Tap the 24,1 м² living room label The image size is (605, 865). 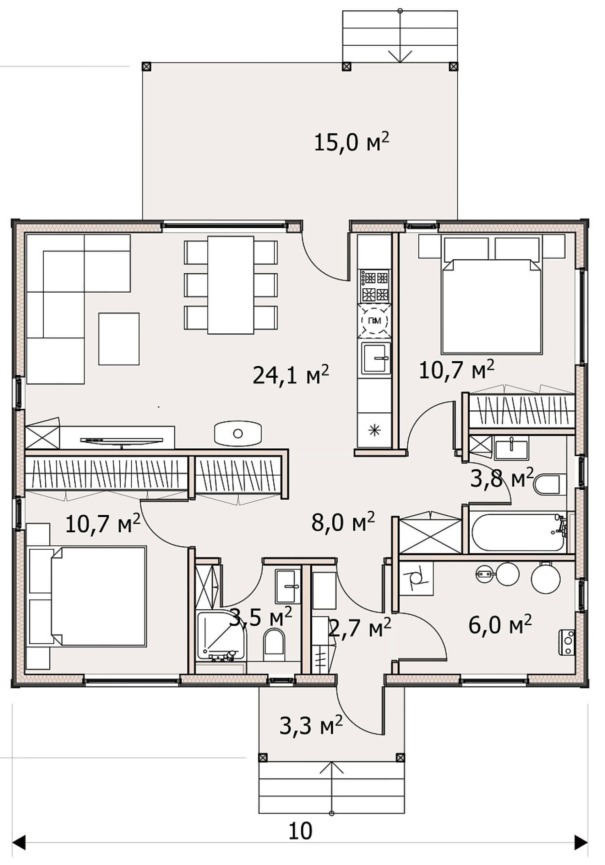(x=290, y=375)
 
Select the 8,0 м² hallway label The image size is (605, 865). (x=343, y=522)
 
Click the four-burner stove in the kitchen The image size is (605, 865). (x=375, y=286)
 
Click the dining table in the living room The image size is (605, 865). (x=230, y=285)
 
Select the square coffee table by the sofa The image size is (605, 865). (x=119, y=339)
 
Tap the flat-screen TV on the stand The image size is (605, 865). (x=121, y=441)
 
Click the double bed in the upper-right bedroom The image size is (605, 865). (x=492, y=306)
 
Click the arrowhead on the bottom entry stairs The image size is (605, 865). (x=332, y=767)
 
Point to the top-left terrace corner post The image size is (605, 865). (x=147, y=67)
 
